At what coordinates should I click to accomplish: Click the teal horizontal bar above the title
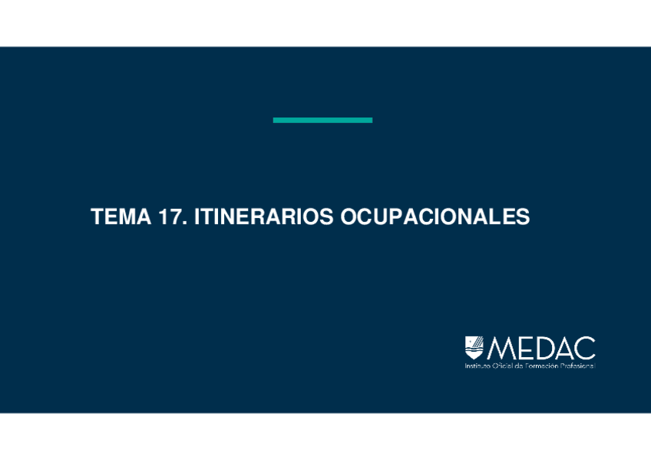pos(322,120)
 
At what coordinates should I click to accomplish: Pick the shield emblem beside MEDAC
pos(474,348)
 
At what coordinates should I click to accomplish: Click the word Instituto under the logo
pos(478,366)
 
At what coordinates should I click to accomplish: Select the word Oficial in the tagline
pos(502,366)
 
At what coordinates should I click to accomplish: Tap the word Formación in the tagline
pos(540,366)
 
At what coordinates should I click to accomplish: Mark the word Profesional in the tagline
pos(578,366)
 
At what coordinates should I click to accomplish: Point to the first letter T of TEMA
pos(97,217)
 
